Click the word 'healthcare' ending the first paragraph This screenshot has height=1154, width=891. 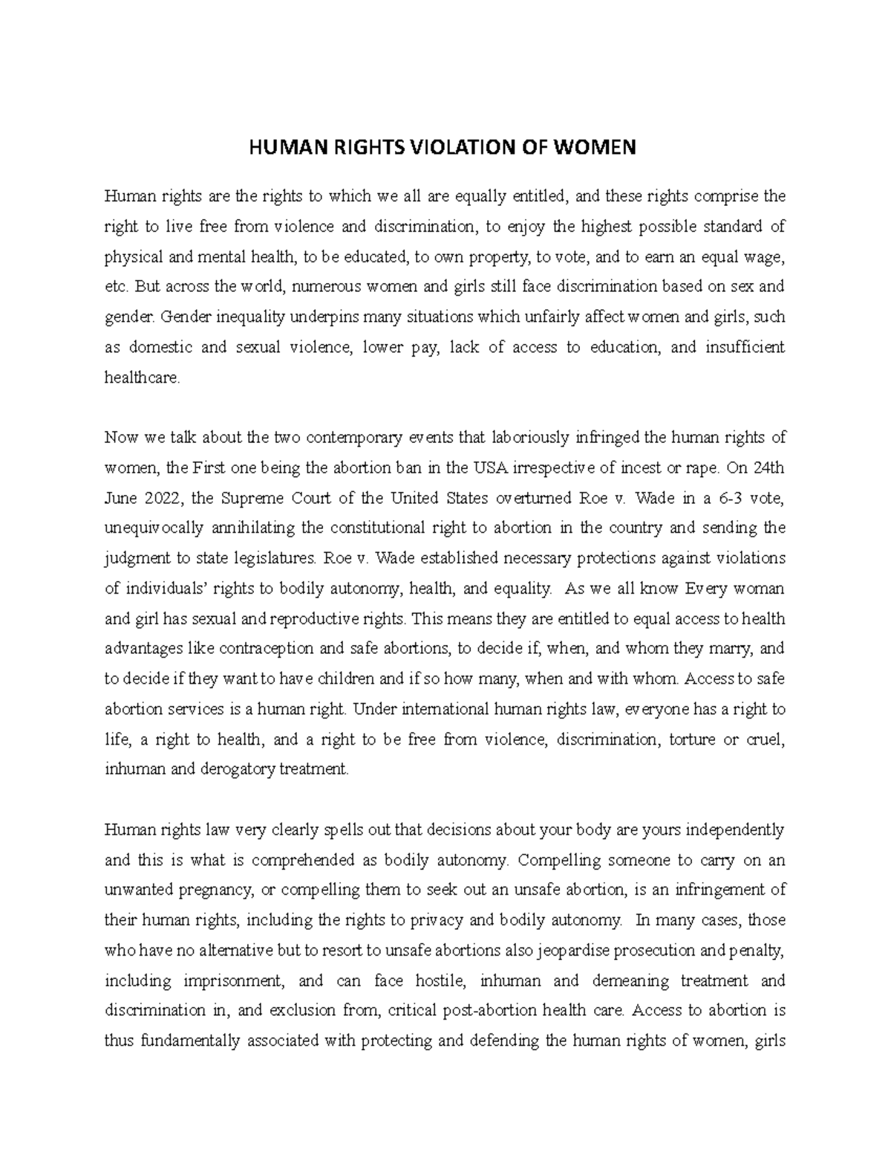pos(142,377)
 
